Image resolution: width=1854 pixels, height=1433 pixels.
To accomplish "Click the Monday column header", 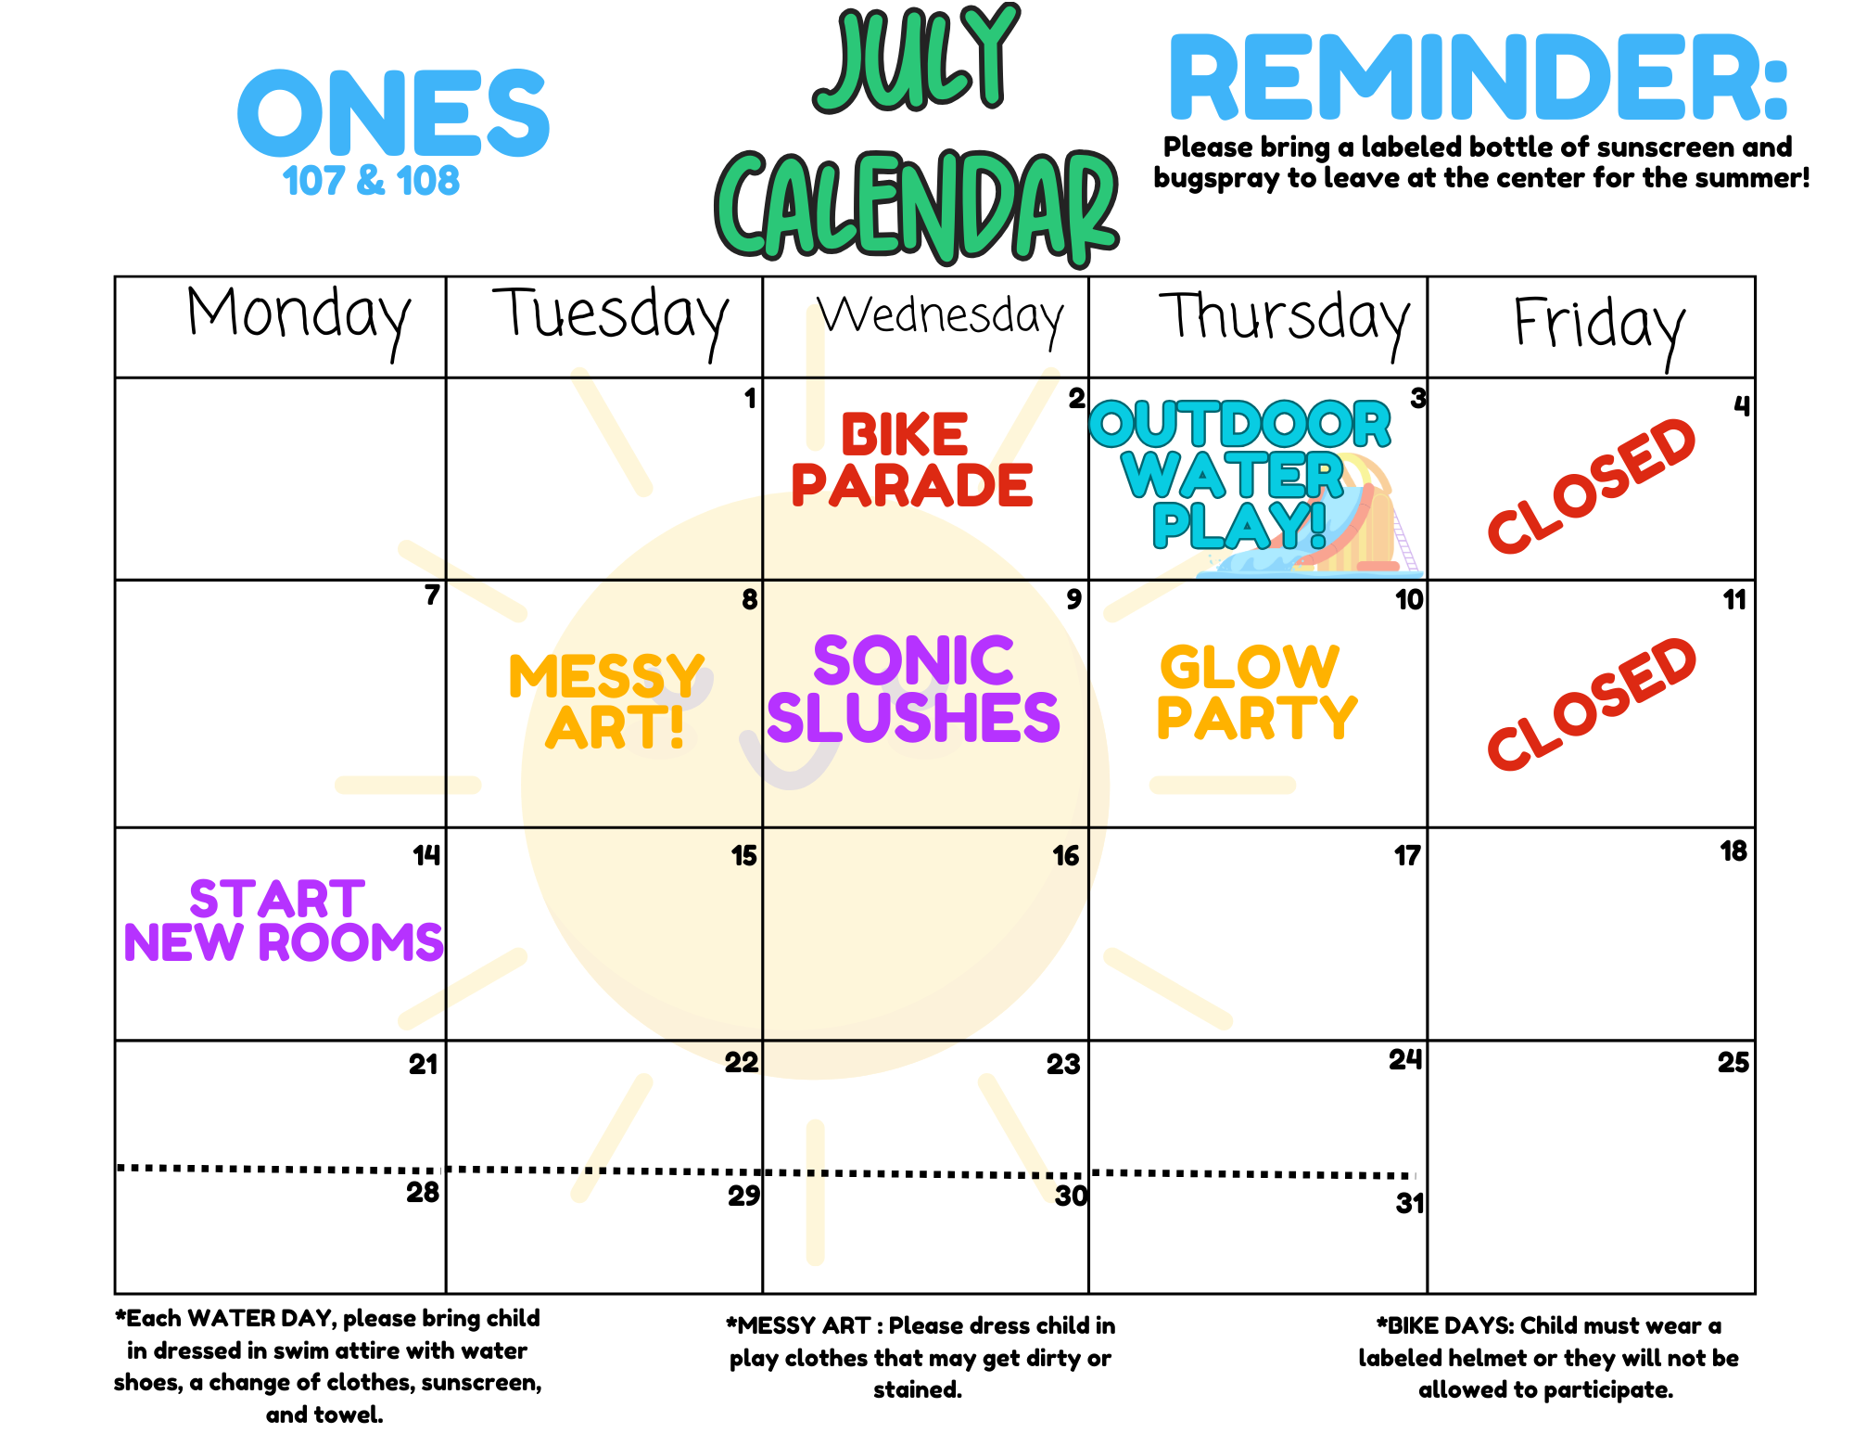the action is (x=298, y=321).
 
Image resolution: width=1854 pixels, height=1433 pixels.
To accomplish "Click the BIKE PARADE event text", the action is (x=911, y=461).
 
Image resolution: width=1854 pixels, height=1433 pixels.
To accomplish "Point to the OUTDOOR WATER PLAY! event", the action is (x=1239, y=474).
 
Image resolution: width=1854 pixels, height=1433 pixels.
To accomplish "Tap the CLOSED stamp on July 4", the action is (x=1591, y=485).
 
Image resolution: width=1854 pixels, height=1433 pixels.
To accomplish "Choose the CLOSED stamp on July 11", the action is (x=1591, y=704).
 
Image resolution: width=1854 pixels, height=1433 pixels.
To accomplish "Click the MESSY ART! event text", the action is (x=607, y=702).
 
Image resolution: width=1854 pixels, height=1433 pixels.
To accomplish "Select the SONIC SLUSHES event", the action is (x=913, y=689).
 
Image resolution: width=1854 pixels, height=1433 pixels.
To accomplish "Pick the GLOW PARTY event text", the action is (x=1257, y=692).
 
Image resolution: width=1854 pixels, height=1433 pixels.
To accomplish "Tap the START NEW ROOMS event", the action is (x=284, y=921).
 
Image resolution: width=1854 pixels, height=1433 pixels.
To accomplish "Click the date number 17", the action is (x=1407, y=855).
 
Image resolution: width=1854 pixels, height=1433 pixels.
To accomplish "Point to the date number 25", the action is (x=1733, y=1062).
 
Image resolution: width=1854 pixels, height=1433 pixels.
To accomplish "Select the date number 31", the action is (x=1409, y=1203).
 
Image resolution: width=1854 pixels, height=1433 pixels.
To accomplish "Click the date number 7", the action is (x=432, y=595).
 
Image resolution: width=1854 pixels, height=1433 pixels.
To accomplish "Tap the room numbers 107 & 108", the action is (x=371, y=181).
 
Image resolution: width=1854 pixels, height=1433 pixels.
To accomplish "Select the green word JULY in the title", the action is (x=917, y=58).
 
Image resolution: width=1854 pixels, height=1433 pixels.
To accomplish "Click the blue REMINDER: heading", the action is (x=1478, y=78).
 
